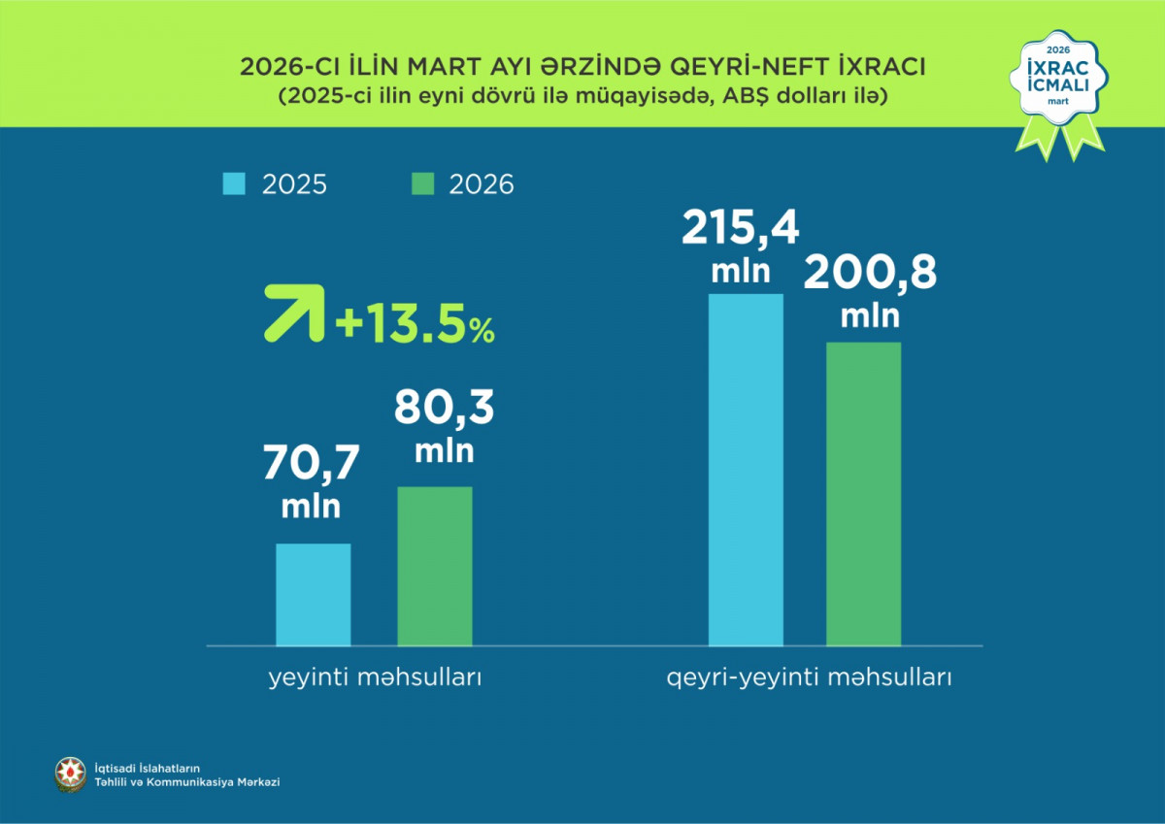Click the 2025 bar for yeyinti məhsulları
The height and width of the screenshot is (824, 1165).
(313, 594)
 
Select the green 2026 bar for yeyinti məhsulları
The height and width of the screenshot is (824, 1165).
(435, 566)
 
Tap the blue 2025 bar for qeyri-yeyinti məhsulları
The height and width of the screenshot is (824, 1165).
(746, 469)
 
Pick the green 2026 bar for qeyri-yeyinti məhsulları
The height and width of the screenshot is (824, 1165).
(863, 493)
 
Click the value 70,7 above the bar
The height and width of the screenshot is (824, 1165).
(311, 465)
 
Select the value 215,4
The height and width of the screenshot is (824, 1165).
(740, 230)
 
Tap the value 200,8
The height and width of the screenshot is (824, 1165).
(870, 274)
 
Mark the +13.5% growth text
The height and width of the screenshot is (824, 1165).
(415, 327)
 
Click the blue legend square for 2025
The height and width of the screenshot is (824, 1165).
(235, 183)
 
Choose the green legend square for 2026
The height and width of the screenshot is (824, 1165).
(423, 183)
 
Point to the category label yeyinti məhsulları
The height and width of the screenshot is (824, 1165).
(375, 677)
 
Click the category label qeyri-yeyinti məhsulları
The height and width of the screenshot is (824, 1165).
(809, 677)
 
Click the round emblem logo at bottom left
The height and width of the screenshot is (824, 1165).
(70, 774)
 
